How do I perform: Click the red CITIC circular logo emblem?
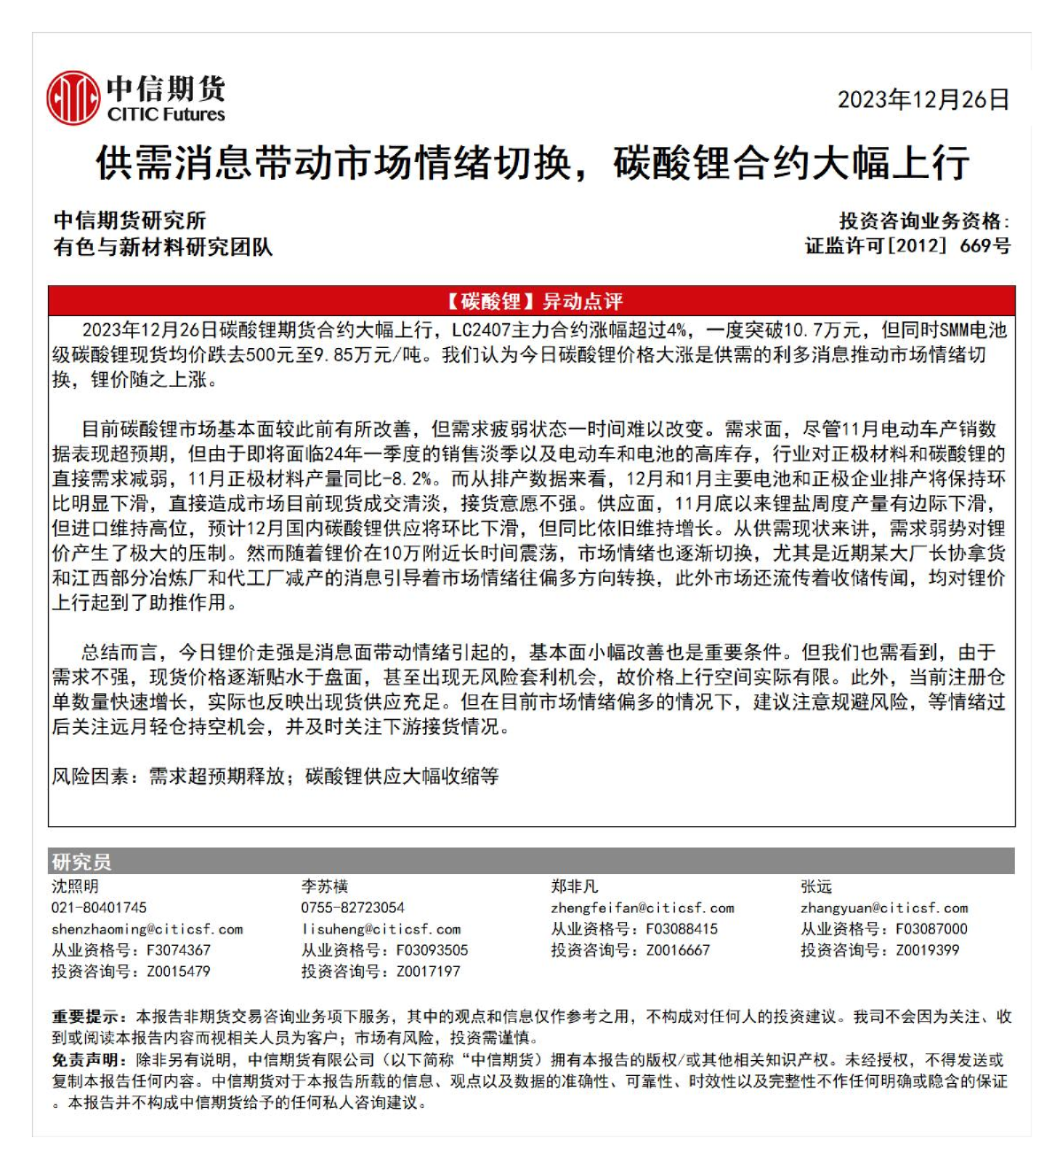[x=73, y=98]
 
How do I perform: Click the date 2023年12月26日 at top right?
[x=923, y=100]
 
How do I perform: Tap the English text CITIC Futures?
[x=166, y=114]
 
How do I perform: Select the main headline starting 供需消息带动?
[x=532, y=164]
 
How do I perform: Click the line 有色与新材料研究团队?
[x=163, y=247]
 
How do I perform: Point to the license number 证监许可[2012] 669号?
[x=907, y=245]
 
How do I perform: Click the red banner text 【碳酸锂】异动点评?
[x=531, y=301]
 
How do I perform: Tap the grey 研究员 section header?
[x=81, y=862]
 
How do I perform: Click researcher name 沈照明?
[x=75, y=886]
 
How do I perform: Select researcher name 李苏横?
[x=324, y=886]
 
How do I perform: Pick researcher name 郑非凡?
[x=575, y=886]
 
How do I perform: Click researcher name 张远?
[x=816, y=886]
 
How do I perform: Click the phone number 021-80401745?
[x=99, y=908]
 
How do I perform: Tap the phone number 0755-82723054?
[x=352, y=908]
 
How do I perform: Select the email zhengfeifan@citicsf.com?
[x=642, y=908]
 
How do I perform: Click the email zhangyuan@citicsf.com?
[x=884, y=908]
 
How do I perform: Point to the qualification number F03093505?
[x=431, y=950]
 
